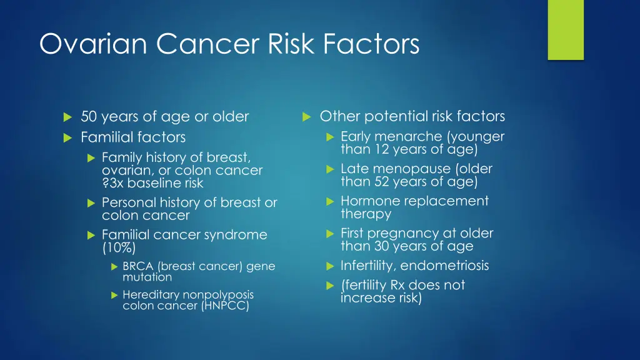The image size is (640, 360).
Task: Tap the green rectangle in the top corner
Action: click(565, 29)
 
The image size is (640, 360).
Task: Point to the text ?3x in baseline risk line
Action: click(113, 184)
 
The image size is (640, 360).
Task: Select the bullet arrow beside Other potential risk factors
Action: click(306, 116)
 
